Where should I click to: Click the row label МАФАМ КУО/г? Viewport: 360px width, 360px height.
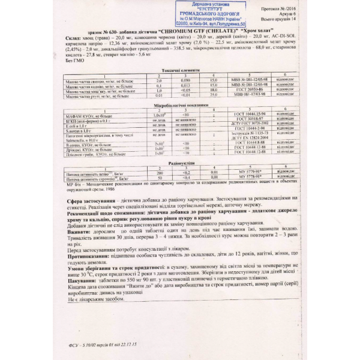[89, 115]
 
